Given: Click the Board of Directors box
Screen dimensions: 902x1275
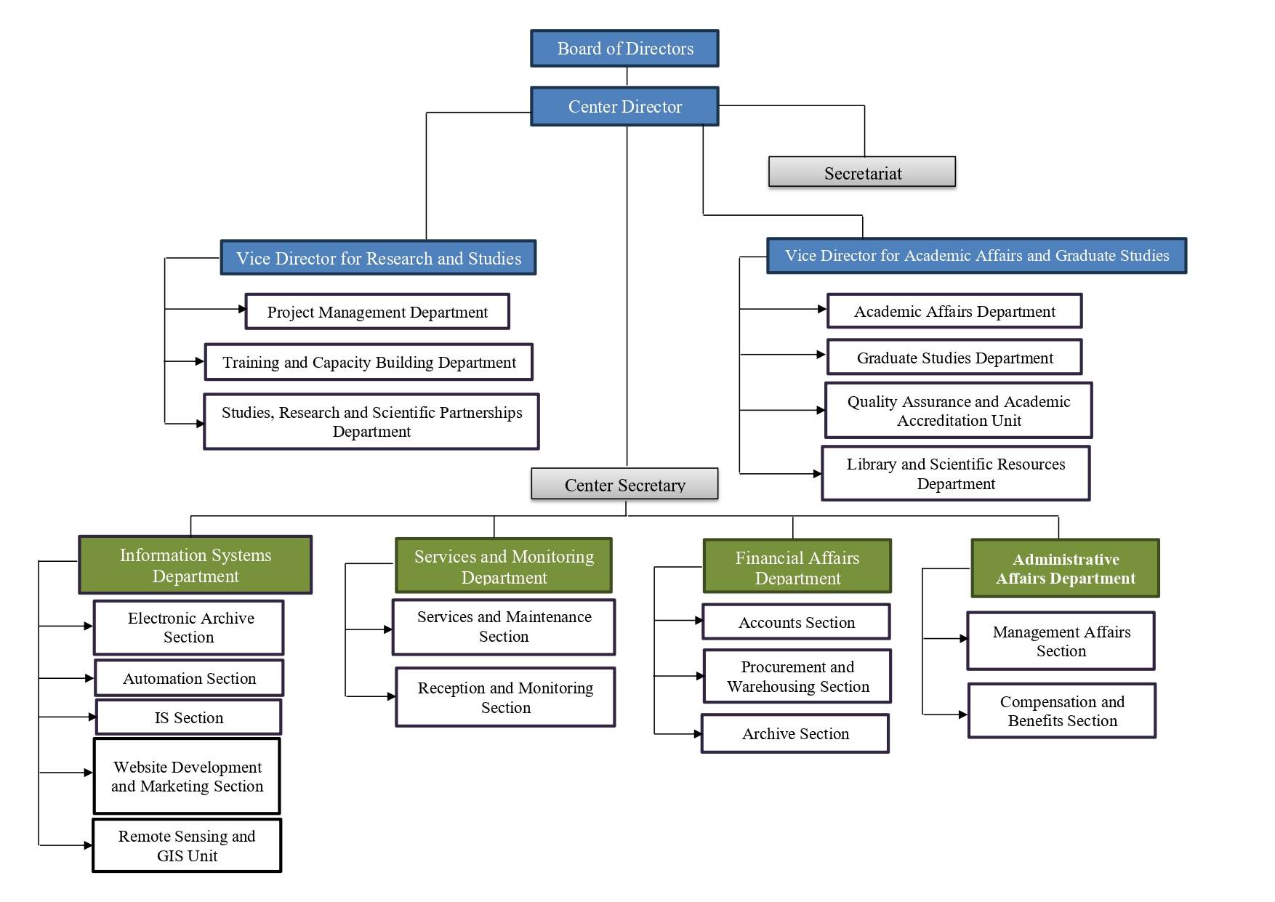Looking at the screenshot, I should (x=624, y=49).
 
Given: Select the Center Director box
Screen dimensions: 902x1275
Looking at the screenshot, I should (x=624, y=107).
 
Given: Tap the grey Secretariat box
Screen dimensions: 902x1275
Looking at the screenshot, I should (x=862, y=173).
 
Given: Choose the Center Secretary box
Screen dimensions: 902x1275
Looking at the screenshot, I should (x=624, y=484).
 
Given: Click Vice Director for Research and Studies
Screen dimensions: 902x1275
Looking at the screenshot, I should (x=378, y=258).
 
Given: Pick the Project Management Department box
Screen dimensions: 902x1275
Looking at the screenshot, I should (x=377, y=312).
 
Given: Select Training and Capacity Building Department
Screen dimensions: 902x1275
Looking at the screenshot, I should (x=369, y=362).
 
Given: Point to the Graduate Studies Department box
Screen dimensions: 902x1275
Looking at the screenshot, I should (x=954, y=358).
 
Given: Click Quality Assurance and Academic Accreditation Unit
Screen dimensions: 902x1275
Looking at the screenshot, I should (x=958, y=411).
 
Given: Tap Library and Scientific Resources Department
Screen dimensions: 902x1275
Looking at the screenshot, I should (x=955, y=474).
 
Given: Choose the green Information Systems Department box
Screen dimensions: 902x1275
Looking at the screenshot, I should (x=195, y=565).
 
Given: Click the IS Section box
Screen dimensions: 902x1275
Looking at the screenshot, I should (x=188, y=717).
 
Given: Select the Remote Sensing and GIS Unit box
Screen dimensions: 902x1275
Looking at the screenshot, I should (x=187, y=846).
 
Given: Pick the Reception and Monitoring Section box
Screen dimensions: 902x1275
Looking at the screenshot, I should (x=505, y=697).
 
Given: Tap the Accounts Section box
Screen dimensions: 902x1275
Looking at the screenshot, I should (x=796, y=622).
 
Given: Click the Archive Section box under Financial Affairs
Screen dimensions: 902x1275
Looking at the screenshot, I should (x=795, y=733).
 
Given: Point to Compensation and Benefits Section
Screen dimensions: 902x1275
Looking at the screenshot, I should (x=1061, y=711).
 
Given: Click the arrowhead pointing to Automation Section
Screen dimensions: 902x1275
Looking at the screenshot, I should (x=89, y=678).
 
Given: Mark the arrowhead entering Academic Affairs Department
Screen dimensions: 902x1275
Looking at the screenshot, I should (x=822, y=309).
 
